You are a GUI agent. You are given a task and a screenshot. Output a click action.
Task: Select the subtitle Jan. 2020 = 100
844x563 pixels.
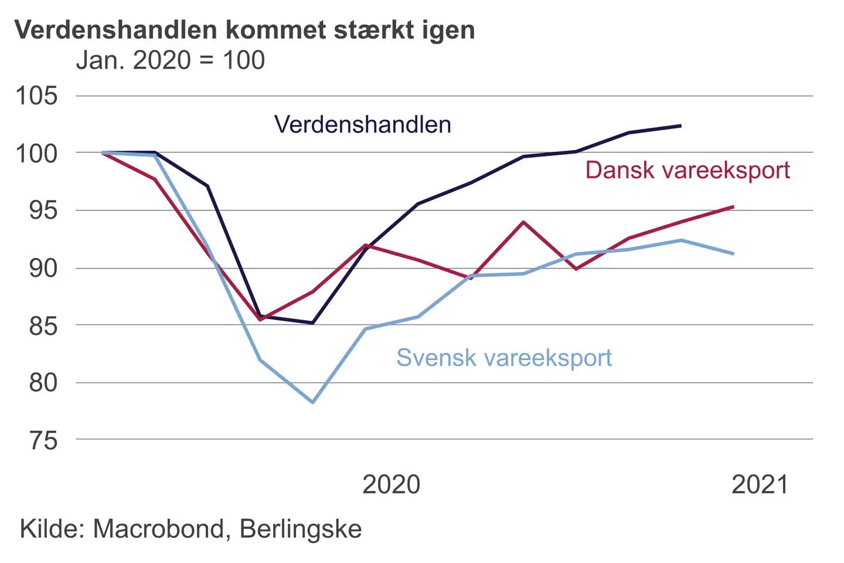tap(171, 60)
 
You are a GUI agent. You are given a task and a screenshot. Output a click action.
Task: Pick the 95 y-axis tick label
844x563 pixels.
tap(43, 210)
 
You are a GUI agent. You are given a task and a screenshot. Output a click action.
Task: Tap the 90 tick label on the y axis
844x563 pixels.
tap(43, 268)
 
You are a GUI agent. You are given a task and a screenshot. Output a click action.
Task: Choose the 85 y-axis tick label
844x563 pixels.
tap(43, 325)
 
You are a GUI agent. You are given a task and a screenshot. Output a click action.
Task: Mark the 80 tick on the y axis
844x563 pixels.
tap(43, 382)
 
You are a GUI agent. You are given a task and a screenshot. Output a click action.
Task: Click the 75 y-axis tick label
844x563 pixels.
tap(43, 440)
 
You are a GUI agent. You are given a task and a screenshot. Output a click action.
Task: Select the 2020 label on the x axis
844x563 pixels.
tap(392, 485)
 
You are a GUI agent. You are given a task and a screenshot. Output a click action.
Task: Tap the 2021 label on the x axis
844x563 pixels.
tap(760, 485)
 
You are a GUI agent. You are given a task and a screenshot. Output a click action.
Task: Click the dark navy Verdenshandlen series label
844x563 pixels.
tap(363, 124)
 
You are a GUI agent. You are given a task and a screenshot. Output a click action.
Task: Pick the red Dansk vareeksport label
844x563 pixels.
tap(688, 170)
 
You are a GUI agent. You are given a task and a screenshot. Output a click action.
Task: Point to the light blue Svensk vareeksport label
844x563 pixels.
tap(504, 357)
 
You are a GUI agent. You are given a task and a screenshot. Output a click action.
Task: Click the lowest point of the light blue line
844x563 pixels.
tap(313, 402)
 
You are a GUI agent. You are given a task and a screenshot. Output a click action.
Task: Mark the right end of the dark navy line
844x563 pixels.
tap(680, 126)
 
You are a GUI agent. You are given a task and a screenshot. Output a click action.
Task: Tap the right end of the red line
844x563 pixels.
tap(733, 206)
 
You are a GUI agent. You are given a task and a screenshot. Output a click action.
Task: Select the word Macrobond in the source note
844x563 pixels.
tap(159, 529)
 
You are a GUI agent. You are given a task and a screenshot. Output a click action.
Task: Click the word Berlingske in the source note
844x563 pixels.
tap(301, 529)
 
